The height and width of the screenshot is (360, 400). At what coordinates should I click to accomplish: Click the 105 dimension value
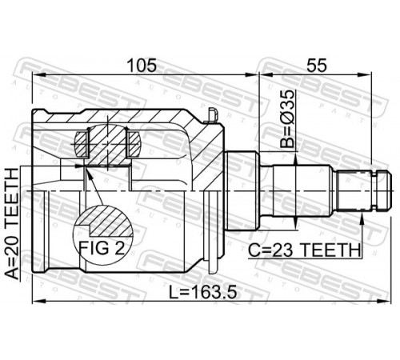[142, 66]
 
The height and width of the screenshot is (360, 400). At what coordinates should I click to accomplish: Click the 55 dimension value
[317, 66]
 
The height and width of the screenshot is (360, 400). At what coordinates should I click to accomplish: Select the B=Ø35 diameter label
[287, 119]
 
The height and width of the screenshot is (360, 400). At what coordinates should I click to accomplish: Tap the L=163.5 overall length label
[203, 292]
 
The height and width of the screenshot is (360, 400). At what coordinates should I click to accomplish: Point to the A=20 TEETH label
[13, 223]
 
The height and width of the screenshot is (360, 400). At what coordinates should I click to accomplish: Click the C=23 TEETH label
[304, 250]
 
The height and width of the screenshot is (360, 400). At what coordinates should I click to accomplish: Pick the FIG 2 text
[102, 248]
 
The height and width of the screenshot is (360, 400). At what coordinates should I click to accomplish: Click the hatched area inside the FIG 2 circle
[110, 221]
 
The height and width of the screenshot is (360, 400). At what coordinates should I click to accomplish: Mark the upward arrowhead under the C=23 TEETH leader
[362, 218]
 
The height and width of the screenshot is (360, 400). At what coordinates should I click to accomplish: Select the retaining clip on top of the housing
[212, 115]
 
